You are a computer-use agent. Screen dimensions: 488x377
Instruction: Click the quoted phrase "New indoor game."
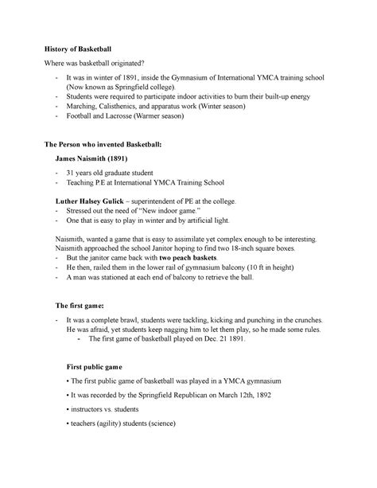pos(161,214)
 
